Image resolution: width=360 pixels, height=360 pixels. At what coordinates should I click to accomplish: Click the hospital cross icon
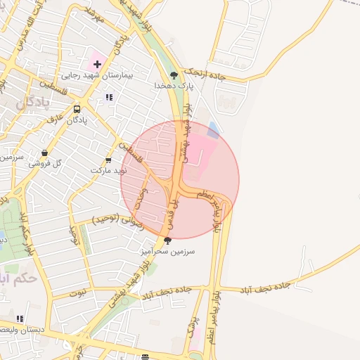pyautogui.click(x=97, y=64)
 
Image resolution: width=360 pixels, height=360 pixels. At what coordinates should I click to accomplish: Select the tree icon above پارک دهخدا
pyautogui.click(x=174, y=75)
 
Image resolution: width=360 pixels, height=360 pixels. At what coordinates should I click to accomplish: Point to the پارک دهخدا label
pyautogui.click(x=174, y=85)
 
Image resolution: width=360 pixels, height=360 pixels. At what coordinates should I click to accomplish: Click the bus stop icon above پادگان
pyautogui.click(x=77, y=109)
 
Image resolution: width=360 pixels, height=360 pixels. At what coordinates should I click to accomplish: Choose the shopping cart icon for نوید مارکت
pyautogui.click(x=108, y=160)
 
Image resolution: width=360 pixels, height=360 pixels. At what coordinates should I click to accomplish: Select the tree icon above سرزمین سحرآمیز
pyautogui.click(x=167, y=240)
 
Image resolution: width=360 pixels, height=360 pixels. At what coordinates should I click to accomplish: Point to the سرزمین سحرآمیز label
pyautogui.click(x=167, y=250)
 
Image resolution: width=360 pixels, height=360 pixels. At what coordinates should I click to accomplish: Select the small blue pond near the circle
pyautogui.click(x=214, y=129)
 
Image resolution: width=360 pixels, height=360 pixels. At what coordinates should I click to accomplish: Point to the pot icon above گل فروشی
pyautogui.click(x=46, y=153)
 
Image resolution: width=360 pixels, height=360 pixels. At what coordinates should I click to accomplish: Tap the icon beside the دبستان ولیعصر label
pyautogui.click(x=19, y=319)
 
